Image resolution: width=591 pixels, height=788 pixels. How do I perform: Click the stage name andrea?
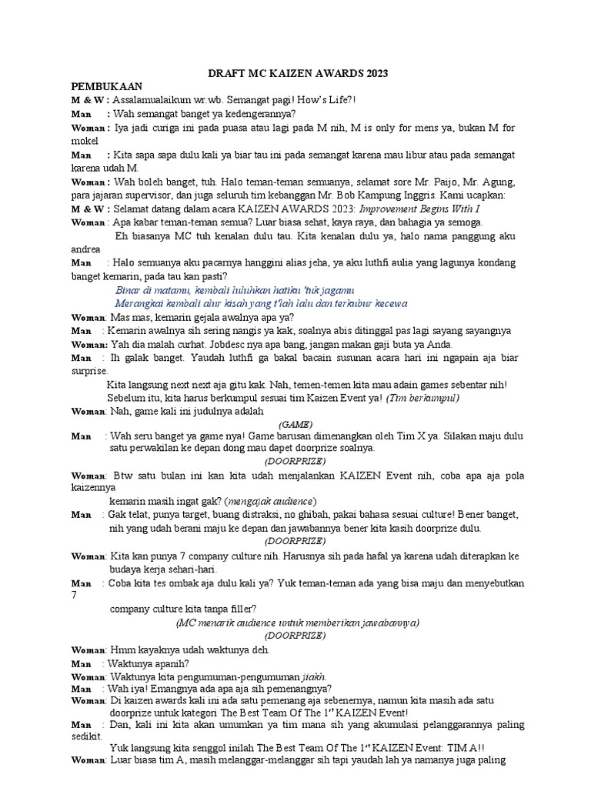tap(85, 249)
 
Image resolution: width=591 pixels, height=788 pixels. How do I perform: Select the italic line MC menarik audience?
tap(297, 623)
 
